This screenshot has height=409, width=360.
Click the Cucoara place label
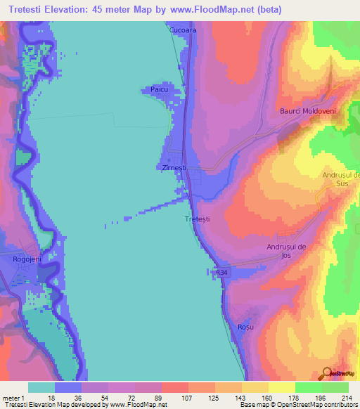181,30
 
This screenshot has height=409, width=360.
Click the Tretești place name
197,220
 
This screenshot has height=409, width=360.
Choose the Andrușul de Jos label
288,251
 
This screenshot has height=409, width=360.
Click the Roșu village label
245,327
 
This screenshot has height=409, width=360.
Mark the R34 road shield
222,272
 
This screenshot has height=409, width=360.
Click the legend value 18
69,397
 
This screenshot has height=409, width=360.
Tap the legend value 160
255,397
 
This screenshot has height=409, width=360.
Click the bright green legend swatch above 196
309,387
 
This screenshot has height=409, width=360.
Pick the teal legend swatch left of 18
41,387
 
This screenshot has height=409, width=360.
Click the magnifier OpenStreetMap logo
326,373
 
